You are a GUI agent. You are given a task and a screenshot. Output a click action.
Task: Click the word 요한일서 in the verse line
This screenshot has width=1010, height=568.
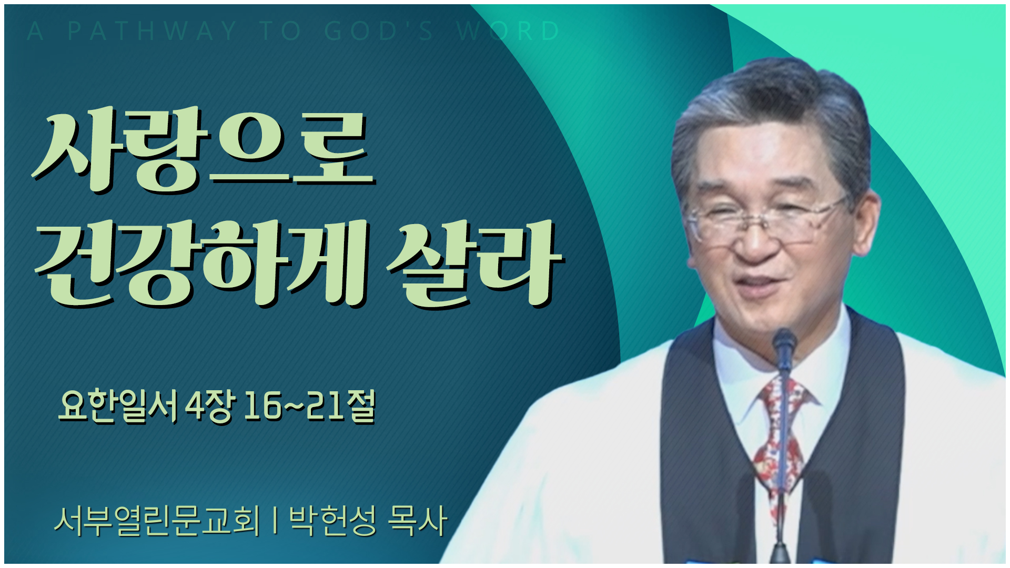click(x=118, y=407)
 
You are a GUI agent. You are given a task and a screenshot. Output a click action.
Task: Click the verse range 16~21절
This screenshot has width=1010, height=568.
click(x=310, y=407)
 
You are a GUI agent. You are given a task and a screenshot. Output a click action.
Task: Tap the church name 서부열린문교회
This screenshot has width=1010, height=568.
click(x=157, y=521)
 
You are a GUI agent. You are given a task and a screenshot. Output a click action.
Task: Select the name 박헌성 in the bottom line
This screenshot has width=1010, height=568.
click(x=332, y=521)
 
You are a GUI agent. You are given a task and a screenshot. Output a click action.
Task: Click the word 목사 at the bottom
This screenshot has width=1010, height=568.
click(x=417, y=521)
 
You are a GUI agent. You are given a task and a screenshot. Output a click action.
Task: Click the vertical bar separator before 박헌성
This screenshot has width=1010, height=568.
click(x=275, y=521)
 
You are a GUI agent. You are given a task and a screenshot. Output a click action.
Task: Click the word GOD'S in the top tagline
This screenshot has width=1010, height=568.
click(x=379, y=32)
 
